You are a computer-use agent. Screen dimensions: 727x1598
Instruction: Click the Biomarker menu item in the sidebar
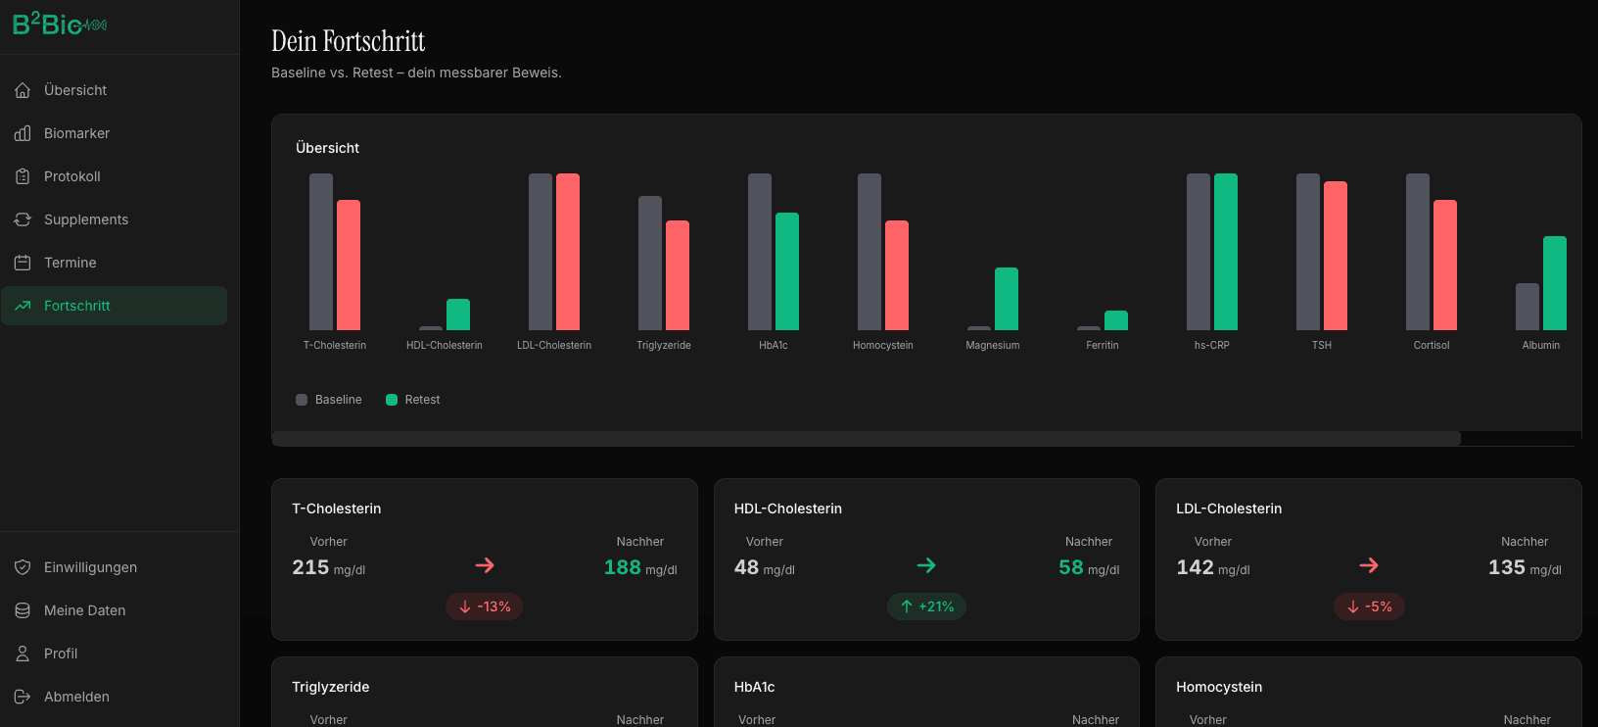(x=76, y=133)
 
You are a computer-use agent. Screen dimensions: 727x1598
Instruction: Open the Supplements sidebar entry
(x=85, y=219)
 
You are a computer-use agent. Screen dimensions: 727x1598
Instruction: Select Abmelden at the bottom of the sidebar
(x=76, y=697)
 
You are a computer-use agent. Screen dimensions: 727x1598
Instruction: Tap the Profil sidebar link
(x=60, y=654)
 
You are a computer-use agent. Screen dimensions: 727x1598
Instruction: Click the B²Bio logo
(x=59, y=24)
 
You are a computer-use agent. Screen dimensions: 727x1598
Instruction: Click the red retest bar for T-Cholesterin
(x=349, y=265)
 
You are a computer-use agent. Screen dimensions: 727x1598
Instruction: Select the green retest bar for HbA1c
(x=787, y=271)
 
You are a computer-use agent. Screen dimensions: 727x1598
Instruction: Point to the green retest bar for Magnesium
(x=1007, y=299)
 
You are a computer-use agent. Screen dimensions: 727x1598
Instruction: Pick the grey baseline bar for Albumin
(x=1527, y=307)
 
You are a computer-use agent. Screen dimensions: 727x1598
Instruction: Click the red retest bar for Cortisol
(x=1445, y=265)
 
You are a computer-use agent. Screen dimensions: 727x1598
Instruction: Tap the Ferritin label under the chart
(x=1103, y=345)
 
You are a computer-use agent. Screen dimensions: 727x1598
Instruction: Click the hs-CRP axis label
(x=1211, y=345)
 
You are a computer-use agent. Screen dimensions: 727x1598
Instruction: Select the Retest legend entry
(x=413, y=400)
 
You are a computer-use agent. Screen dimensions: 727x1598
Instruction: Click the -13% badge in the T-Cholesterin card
(x=485, y=606)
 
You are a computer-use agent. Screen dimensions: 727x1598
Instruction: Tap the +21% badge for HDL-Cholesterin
(x=926, y=606)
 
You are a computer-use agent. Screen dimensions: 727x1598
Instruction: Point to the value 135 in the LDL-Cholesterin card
(x=1506, y=567)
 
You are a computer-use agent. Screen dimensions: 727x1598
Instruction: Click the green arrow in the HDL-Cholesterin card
(x=926, y=565)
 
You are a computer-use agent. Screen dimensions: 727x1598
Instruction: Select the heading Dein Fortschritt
(x=348, y=41)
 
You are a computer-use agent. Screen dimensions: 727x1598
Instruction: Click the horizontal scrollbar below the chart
(x=866, y=439)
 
